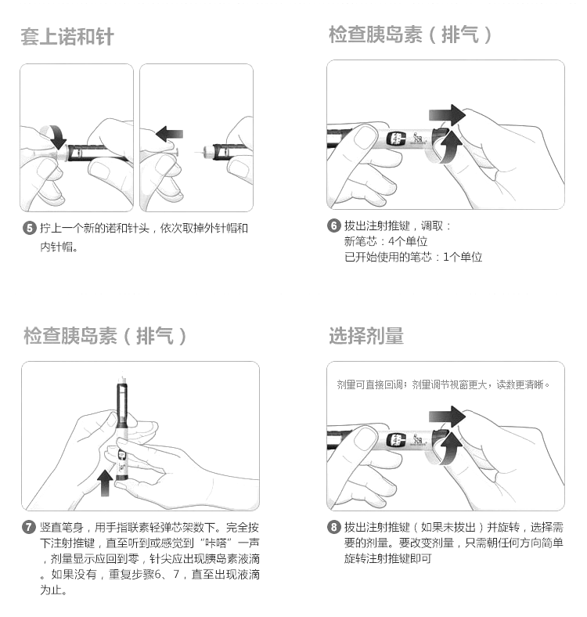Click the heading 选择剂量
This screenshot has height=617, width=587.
click(x=366, y=336)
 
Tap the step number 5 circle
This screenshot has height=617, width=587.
click(x=29, y=228)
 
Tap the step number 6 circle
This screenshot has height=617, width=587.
click(x=334, y=226)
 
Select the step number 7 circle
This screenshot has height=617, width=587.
click(x=29, y=527)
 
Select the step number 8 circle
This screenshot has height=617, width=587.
click(x=334, y=527)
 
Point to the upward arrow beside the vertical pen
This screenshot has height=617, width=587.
click(x=105, y=482)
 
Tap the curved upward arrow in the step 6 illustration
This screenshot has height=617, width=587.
click(x=448, y=146)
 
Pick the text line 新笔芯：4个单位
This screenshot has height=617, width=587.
click(x=386, y=242)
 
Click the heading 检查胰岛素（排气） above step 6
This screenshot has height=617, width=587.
click(x=411, y=34)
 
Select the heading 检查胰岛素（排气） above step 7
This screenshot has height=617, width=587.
click(x=106, y=336)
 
